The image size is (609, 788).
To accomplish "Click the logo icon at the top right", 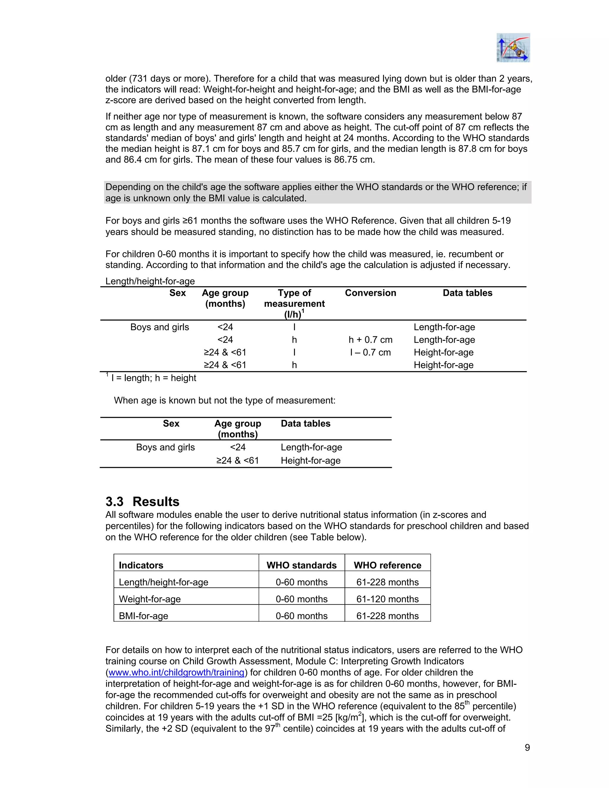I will [513, 48].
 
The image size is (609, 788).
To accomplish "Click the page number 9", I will [527, 747].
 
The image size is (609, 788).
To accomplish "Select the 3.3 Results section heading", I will [142, 502].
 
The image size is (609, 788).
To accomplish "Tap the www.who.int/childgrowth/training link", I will [176, 672].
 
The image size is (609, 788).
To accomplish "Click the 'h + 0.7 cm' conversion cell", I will [370, 340].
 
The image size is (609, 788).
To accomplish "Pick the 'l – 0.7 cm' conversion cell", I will [370, 352].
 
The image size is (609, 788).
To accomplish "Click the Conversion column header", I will [370, 293].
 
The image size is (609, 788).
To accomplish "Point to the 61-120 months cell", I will [387, 599].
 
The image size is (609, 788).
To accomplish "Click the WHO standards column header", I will [301, 565].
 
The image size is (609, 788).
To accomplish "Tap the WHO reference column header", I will [387, 565].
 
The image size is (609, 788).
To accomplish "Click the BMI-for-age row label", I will [144, 616].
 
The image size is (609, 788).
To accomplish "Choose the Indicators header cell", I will [141, 565].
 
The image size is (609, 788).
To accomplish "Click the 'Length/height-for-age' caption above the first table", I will [150, 281].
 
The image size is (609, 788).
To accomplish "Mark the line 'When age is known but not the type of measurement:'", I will [225, 400].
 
